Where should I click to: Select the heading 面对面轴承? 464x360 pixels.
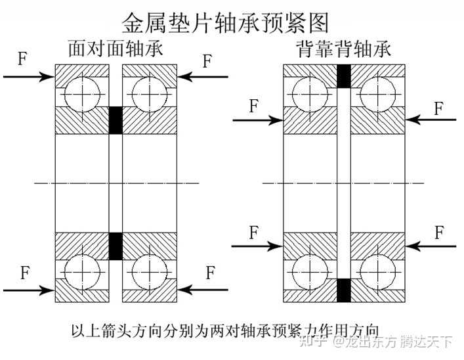click(x=116, y=50)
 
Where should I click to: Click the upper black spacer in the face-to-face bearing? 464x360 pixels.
click(x=116, y=119)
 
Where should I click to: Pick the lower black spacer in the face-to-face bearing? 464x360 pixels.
click(x=116, y=245)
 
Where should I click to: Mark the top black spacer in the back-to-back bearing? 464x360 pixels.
click(x=343, y=76)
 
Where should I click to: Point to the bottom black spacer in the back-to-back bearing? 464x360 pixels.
click(x=343, y=290)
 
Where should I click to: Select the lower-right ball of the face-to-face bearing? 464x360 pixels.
click(x=149, y=271)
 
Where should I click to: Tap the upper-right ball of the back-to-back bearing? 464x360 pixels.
click(x=377, y=93)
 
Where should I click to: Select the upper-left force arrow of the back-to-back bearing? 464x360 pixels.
click(x=258, y=120)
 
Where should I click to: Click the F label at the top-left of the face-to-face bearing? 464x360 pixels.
click(x=23, y=60)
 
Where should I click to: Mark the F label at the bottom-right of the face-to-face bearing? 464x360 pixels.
click(x=211, y=272)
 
